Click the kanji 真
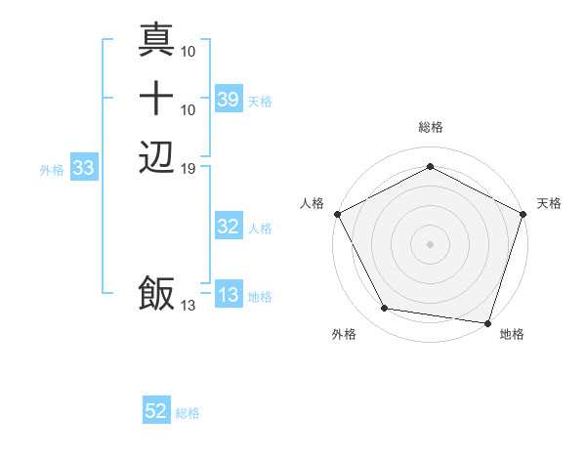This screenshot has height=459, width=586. point(156,39)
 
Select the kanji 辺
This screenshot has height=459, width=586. point(156,156)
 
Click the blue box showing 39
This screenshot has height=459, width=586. point(228,100)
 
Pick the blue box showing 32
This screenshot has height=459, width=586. point(228,228)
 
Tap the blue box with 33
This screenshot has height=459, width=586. point(84,168)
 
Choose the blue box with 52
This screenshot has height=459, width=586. point(156,412)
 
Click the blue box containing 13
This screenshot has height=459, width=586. point(228,296)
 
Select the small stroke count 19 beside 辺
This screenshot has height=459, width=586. point(188,168)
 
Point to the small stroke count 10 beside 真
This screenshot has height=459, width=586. point(188,50)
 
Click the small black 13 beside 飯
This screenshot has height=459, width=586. point(188,306)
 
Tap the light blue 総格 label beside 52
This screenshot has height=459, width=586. point(188,413)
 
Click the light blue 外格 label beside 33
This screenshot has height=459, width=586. point(52,169)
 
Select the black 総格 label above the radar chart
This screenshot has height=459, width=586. point(431,127)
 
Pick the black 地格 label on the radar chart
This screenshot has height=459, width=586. point(512,335)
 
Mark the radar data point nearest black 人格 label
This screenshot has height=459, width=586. point(337,213)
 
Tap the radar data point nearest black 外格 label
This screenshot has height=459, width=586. point(385,309)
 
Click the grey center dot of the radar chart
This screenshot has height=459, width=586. point(430,243)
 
